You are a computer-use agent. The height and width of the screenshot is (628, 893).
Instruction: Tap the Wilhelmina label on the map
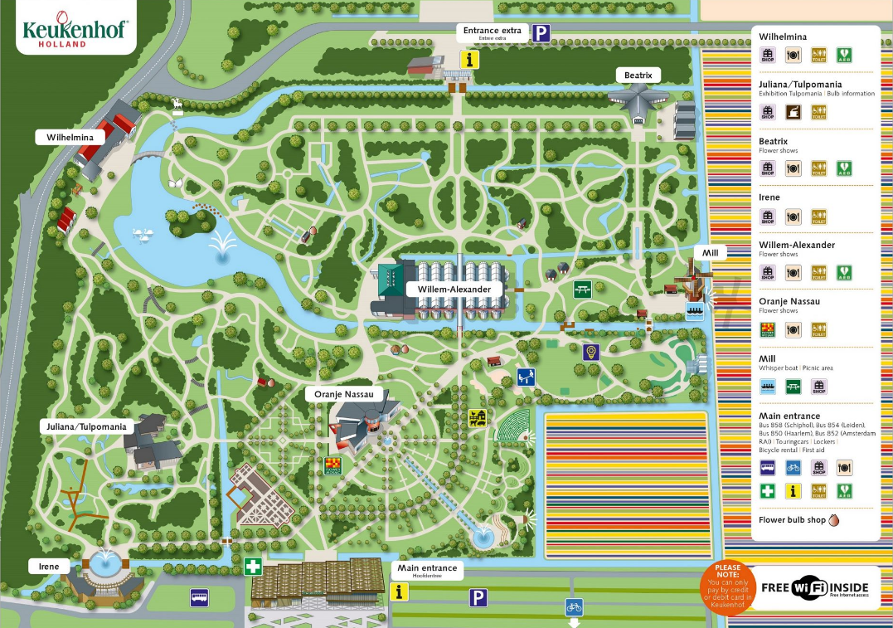pyautogui.click(x=70, y=137)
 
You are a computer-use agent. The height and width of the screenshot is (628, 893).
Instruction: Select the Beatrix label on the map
pyautogui.click(x=638, y=75)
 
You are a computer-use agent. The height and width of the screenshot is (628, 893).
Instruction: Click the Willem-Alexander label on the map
pyautogui.click(x=454, y=290)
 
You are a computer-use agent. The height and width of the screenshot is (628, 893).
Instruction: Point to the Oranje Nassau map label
pyautogui.click(x=343, y=396)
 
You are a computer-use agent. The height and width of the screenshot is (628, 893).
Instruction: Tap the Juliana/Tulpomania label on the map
pyautogui.click(x=86, y=426)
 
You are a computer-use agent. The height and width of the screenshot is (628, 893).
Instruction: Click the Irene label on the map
pyautogui.click(x=49, y=566)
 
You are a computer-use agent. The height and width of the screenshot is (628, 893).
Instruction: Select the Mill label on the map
pyautogui.click(x=710, y=251)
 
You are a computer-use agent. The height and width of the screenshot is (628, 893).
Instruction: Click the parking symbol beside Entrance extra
pyautogui.click(x=541, y=33)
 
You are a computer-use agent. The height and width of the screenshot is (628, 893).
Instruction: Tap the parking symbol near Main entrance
pyautogui.click(x=478, y=597)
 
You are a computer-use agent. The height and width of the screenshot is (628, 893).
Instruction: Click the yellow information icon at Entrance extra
pyautogui.click(x=471, y=60)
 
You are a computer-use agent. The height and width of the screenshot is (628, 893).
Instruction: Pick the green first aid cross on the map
pyautogui.click(x=254, y=567)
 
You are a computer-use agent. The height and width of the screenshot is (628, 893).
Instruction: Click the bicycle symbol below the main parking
pyautogui.click(x=574, y=606)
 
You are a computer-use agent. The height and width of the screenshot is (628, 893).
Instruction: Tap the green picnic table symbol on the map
pyautogui.click(x=582, y=289)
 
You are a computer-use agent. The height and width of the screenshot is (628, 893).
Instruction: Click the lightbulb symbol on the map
pyautogui.click(x=591, y=352)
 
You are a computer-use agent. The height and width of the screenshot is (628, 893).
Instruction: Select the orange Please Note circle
pyautogui.click(x=727, y=587)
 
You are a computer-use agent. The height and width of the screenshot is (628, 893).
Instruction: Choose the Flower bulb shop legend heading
pyautogui.click(x=793, y=520)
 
